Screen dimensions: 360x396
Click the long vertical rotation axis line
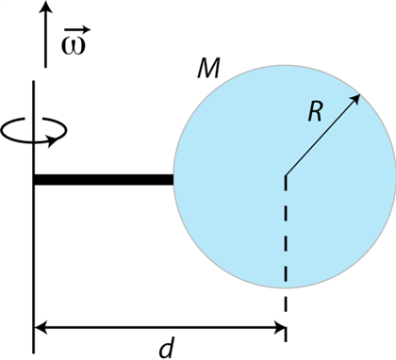35,236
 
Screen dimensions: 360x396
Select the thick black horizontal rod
104,179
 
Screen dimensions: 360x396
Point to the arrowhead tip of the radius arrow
361,95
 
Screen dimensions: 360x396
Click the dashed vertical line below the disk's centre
285,245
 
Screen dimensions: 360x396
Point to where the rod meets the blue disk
173,179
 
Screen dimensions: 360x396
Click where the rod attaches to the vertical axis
36,179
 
